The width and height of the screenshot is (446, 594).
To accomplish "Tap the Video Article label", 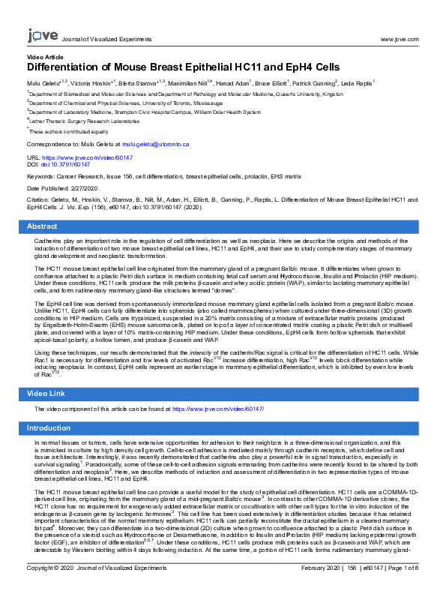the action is [x=44, y=57].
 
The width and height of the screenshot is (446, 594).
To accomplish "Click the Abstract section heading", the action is [x=42, y=226].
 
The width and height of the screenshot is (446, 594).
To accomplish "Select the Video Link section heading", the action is [x=46, y=393].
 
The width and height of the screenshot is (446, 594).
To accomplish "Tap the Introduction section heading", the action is [x=48, y=428].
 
